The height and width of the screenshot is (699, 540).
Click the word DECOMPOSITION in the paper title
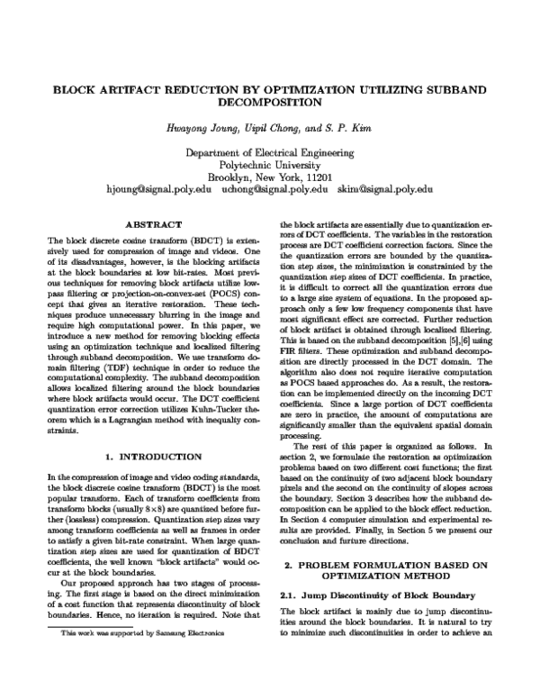point(270,104)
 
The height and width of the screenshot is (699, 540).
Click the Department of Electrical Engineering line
point(270,154)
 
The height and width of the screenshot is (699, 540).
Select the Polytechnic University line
point(270,166)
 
